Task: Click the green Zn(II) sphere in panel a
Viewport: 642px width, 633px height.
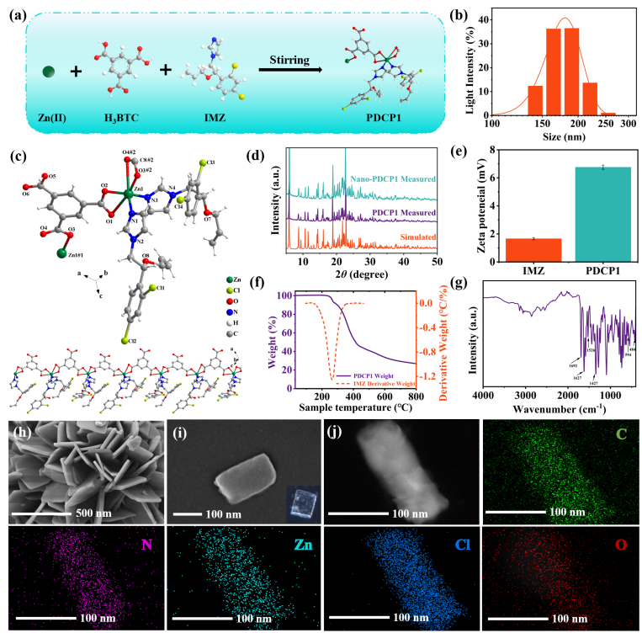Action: pos(50,72)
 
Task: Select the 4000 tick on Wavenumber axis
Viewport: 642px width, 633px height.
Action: pos(483,396)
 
